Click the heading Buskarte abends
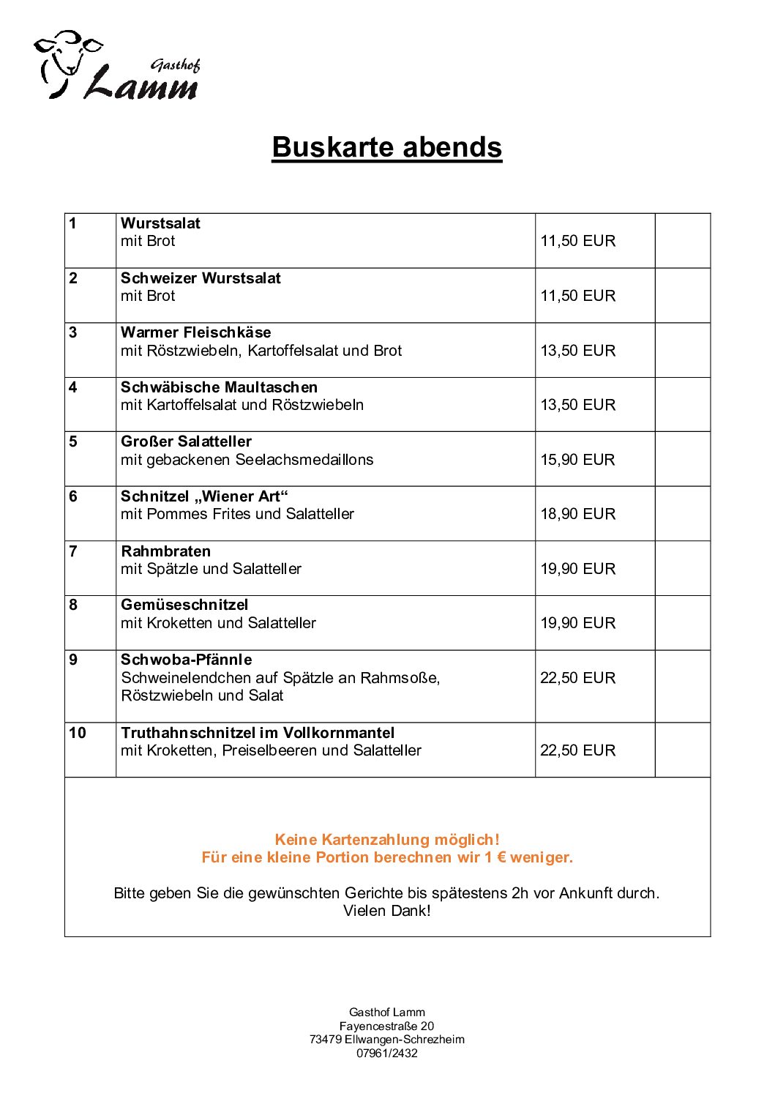(x=386, y=147)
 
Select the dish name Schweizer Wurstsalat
(x=201, y=278)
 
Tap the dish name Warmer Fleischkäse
(x=195, y=332)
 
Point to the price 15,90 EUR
(x=577, y=460)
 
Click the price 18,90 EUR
(x=577, y=514)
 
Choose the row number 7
(x=73, y=551)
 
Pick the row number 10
(x=78, y=733)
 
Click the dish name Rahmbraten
(x=165, y=551)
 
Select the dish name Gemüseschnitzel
(x=184, y=605)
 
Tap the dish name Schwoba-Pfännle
(x=187, y=660)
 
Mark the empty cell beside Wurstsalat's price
(x=682, y=241)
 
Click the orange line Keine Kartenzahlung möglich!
(x=387, y=840)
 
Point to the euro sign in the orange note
(x=501, y=857)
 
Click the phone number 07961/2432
(x=387, y=1054)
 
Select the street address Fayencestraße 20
(x=386, y=1026)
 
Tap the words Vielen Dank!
(x=387, y=911)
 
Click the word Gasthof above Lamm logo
(x=175, y=66)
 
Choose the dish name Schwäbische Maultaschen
(x=219, y=387)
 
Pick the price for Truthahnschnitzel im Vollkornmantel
(x=577, y=750)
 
